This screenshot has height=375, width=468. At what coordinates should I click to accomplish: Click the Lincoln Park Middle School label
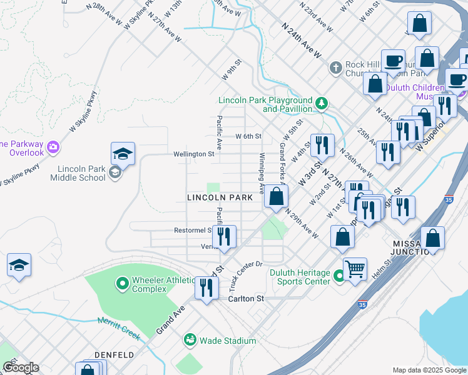81,173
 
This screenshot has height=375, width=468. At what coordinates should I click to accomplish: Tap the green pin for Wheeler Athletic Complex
123,284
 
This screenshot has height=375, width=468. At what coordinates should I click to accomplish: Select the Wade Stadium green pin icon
190,340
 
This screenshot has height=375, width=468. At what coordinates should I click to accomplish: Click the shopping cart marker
355,269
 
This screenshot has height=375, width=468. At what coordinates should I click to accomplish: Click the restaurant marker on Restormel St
224,236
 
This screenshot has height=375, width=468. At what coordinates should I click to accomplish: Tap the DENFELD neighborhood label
114,355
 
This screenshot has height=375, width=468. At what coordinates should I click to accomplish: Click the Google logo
21,367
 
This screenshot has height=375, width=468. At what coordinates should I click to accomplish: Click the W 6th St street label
248,136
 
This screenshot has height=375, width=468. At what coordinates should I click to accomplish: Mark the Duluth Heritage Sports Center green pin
338,276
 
